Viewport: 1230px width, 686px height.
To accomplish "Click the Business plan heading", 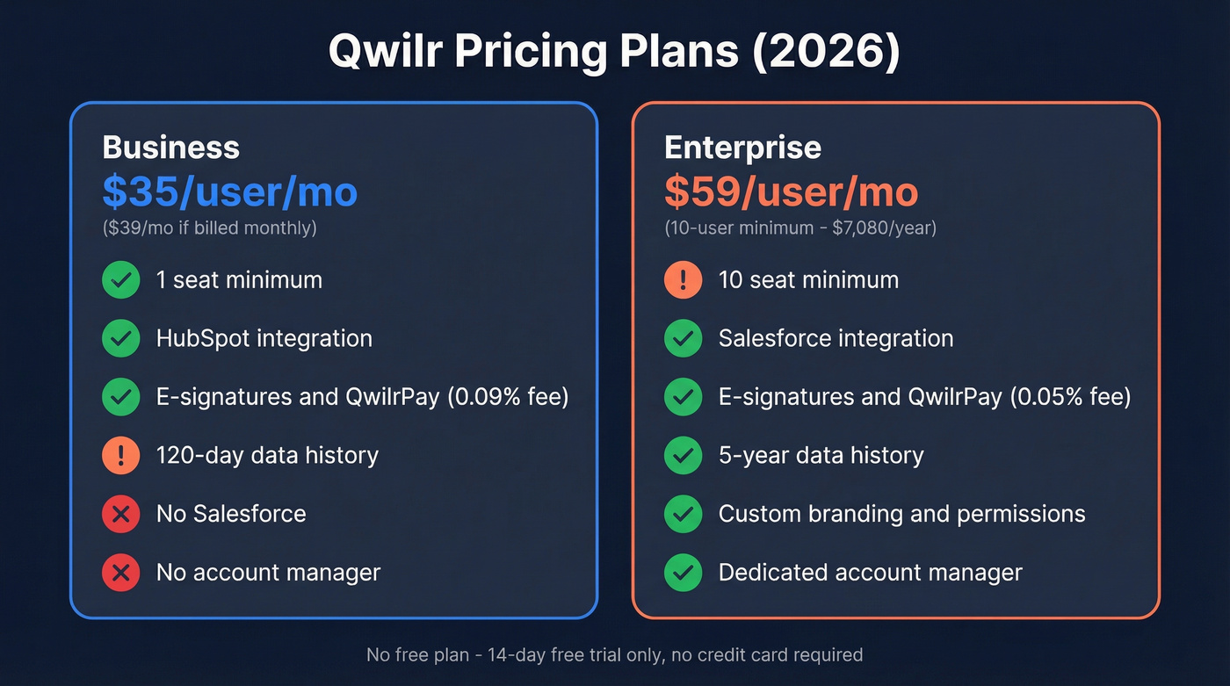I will coord(170,147).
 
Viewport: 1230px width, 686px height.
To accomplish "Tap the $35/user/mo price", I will coord(229,191).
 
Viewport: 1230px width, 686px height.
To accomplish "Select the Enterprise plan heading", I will coord(742,147).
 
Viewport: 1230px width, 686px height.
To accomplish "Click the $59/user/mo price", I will coord(791,191).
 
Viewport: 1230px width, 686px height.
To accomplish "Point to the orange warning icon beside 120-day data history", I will coord(120,456).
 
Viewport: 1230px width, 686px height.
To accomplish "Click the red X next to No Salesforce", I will coord(120,514).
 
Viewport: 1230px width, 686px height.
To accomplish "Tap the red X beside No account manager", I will coord(120,573).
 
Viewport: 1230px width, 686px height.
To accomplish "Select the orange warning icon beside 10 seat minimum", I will coord(683,280).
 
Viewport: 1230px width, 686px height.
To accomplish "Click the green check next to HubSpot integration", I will coord(120,339).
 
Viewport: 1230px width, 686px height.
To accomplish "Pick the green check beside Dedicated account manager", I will coord(683,573).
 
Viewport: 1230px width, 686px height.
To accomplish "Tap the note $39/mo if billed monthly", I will coord(209,228).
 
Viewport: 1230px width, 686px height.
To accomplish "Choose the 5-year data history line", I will coord(821,456).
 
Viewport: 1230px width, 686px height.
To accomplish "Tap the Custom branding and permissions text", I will coord(901,514).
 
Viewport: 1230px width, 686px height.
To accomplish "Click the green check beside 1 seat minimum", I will coord(120,280).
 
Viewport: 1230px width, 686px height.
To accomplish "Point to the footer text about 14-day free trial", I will coord(614,654).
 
